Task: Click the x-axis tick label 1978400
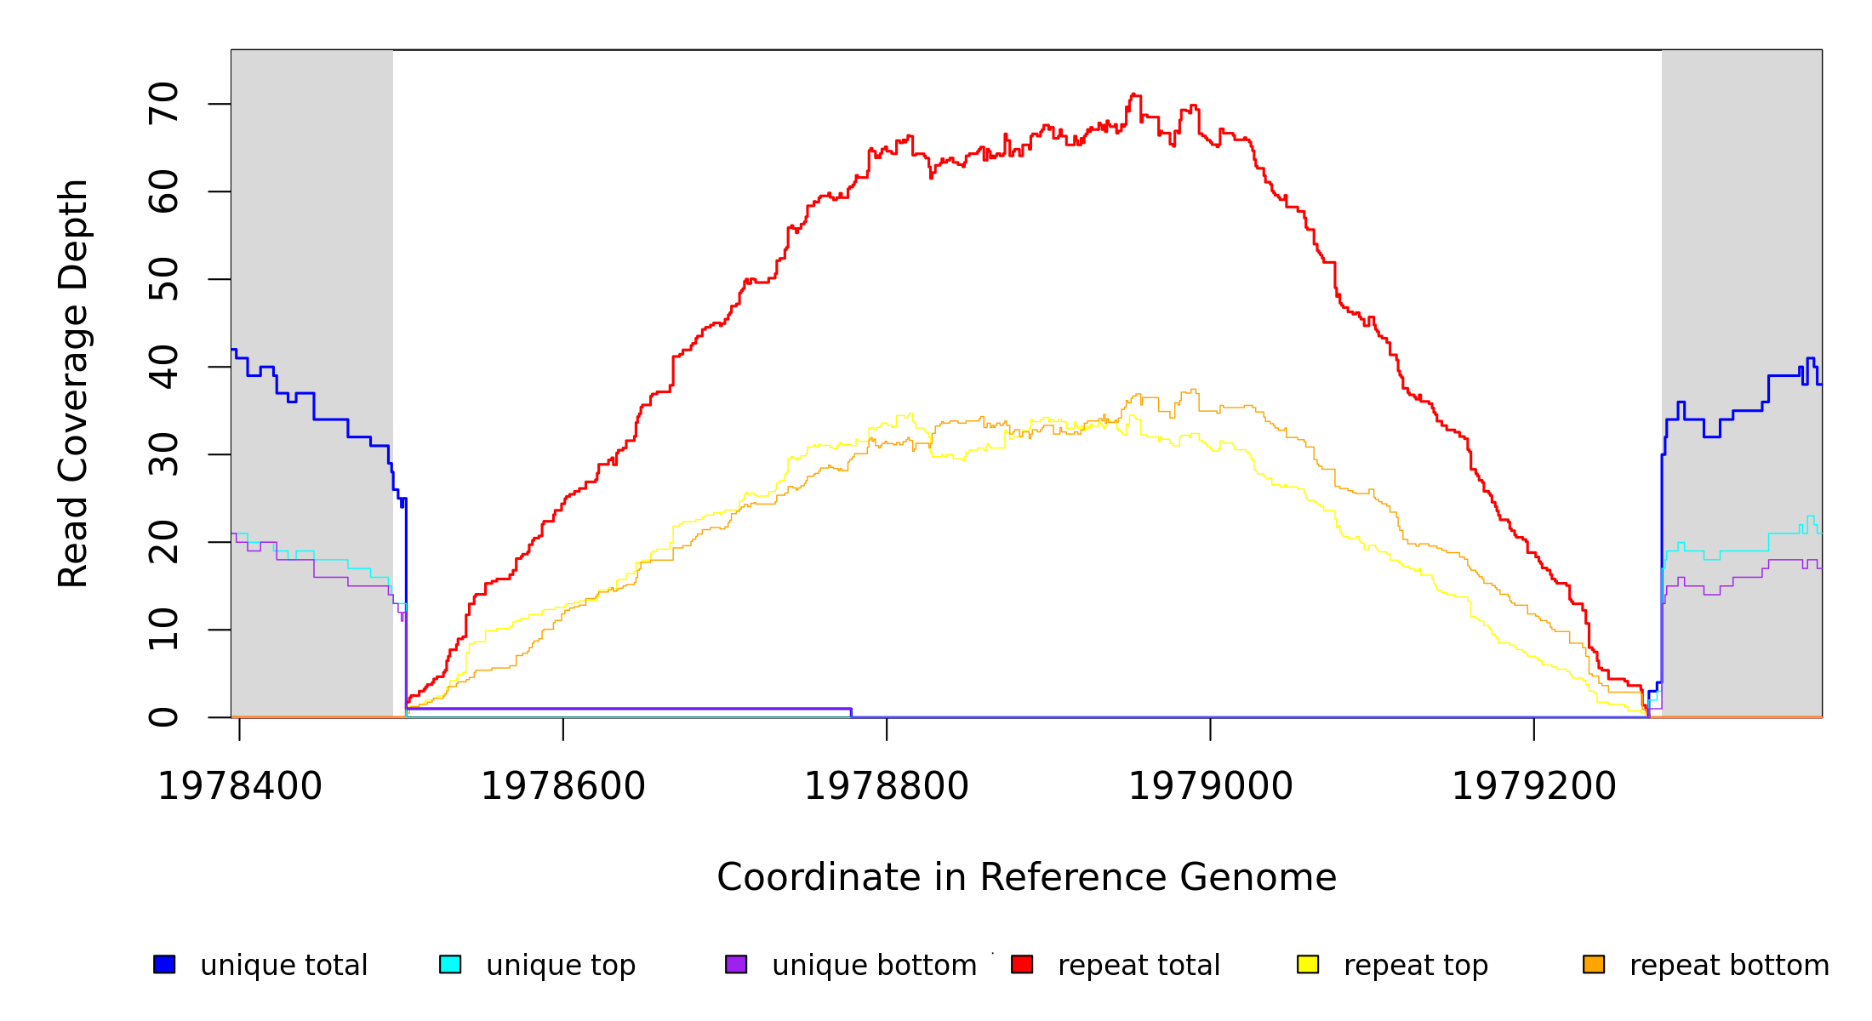pos(240,786)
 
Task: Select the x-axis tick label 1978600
pos(563,786)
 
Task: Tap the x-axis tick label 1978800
pos(887,786)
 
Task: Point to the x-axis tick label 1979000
pos(1210,786)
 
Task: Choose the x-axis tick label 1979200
pos(1533,786)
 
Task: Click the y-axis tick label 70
pos(163,104)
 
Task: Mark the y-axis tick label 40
pos(163,367)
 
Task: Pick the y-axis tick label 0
pos(163,717)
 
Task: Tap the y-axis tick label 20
pos(163,542)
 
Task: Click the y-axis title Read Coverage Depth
pos(73,383)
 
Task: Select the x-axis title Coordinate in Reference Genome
pos(1026,877)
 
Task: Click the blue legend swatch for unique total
pos(164,964)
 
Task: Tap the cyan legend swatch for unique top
pos(450,964)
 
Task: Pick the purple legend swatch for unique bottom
pos(736,964)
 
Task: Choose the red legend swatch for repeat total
pos(1022,964)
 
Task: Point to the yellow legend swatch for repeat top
pos(1308,964)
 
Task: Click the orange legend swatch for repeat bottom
pos(1594,964)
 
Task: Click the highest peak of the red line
pos(1133,94)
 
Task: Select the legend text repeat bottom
pos(1729,966)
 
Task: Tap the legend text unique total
pos(284,966)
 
